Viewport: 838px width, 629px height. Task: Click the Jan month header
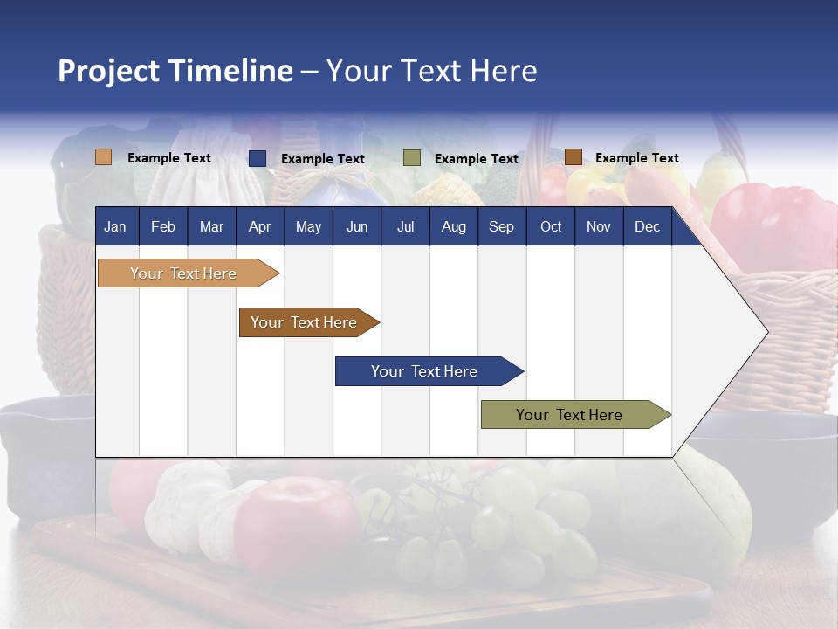(x=115, y=226)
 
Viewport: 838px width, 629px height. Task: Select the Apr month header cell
(x=259, y=226)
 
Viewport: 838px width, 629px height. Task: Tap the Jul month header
(x=405, y=226)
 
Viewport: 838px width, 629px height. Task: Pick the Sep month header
(x=501, y=226)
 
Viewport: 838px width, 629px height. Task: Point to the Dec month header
(x=647, y=226)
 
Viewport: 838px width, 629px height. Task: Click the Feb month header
(x=163, y=226)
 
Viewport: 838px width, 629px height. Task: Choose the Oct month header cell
(x=551, y=226)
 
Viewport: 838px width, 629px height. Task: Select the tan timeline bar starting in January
(x=183, y=273)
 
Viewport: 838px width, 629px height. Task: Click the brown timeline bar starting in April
(x=304, y=322)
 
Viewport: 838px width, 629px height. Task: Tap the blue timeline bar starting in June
(x=424, y=371)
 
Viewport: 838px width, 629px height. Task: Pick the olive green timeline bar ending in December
(x=569, y=415)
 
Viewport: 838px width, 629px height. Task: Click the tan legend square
(x=104, y=157)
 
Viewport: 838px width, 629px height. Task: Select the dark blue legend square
(x=258, y=158)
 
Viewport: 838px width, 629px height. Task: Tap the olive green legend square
(x=412, y=158)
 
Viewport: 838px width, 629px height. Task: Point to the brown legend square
(x=573, y=157)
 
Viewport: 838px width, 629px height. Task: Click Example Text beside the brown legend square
(x=636, y=158)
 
